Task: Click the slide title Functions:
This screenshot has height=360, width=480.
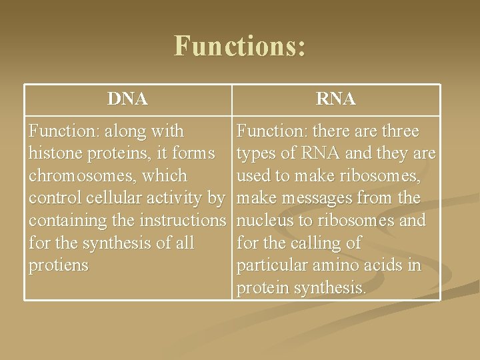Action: point(240,47)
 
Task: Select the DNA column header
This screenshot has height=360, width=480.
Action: point(127,99)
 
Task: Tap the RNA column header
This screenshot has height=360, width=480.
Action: point(336,99)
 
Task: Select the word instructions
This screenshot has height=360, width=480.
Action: point(183,221)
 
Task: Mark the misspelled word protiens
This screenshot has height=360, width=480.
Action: point(58,266)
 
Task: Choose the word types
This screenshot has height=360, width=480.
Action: point(259,154)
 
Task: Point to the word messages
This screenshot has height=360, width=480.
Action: point(319,199)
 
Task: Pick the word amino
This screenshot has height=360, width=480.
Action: point(339,266)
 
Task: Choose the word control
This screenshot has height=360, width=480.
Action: point(54,199)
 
